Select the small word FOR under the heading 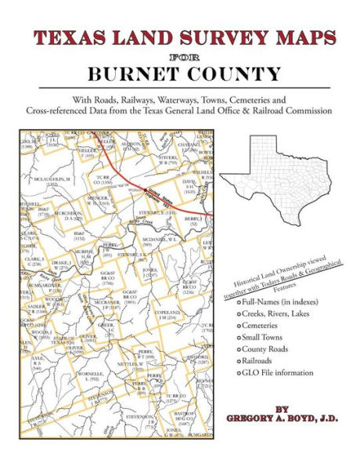(180, 56)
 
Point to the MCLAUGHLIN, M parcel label (52, 180)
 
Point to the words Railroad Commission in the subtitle (290, 111)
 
